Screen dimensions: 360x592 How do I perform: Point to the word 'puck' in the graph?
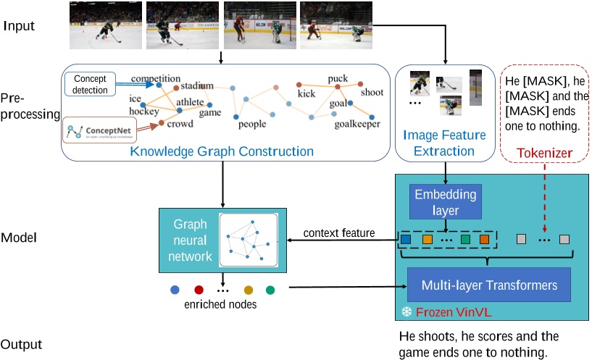point(338,78)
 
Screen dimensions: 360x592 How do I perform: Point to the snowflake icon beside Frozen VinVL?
point(407,313)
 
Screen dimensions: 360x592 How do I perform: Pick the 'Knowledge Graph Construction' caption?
point(222,151)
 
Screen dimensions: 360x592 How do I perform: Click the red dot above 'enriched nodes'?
point(199,290)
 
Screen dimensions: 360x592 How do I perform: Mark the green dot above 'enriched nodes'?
point(270,290)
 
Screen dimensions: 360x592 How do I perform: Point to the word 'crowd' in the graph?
point(180,124)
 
